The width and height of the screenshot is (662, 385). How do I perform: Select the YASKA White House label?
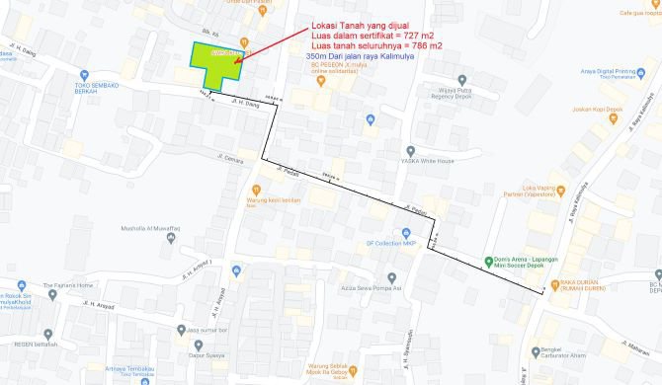pyautogui.click(x=428, y=161)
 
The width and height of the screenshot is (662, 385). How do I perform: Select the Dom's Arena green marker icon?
pyautogui.click(x=488, y=262)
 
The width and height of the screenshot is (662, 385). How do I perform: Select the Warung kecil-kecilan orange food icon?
pyautogui.click(x=255, y=189)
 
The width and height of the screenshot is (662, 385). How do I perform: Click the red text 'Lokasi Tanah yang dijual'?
pyautogui.click(x=360, y=25)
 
